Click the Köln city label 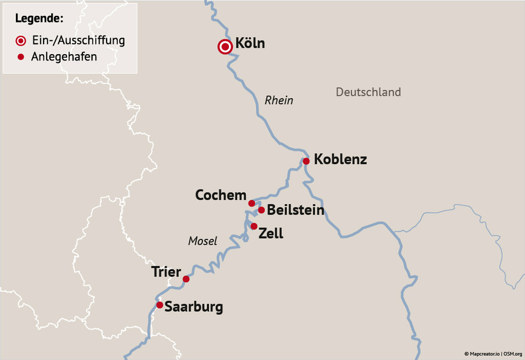[x=250, y=44]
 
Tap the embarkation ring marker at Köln [x=225, y=47]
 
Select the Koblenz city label [x=340, y=159]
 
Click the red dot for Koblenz [x=306, y=161]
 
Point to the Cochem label [x=221, y=195]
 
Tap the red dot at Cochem [x=252, y=204]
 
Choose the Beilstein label [x=295, y=210]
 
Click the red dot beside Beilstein [x=261, y=210]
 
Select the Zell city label [x=271, y=234]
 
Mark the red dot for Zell [x=254, y=226]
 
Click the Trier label [x=166, y=272]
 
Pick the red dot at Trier [x=186, y=279]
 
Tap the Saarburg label [x=194, y=307]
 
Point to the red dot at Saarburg [x=160, y=305]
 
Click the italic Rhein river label [x=278, y=101]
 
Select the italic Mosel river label [x=202, y=241]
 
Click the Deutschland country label [x=368, y=92]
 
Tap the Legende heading [x=39, y=18]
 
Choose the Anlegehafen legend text [x=64, y=57]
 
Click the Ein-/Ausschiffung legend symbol [x=21, y=41]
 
